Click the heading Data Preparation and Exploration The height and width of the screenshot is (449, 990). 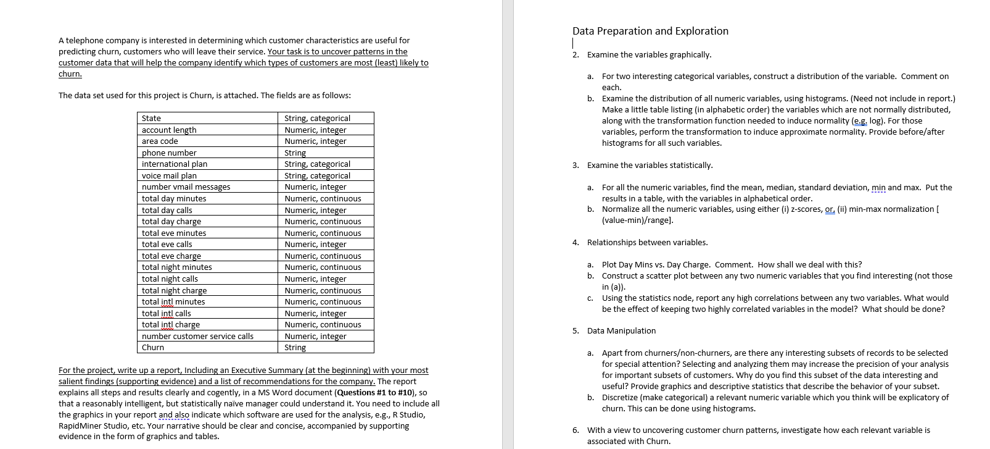(650, 31)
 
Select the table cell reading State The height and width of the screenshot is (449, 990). (152, 118)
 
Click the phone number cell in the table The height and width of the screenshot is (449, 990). (169, 153)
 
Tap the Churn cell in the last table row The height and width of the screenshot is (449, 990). (153, 347)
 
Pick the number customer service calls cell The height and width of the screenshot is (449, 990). (197, 336)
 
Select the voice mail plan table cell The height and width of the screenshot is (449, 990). (169, 175)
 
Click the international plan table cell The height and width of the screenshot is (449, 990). (175, 164)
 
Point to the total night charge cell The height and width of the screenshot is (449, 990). (174, 290)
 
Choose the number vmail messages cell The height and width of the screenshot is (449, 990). (186, 187)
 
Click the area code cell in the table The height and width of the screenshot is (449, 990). (160, 141)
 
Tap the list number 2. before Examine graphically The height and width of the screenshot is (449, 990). (575, 54)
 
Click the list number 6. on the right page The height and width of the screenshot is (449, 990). (575, 430)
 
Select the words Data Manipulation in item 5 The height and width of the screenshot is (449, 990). (621, 330)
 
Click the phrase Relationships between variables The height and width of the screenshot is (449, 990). (647, 242)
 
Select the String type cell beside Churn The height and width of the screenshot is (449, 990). (295, 347)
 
